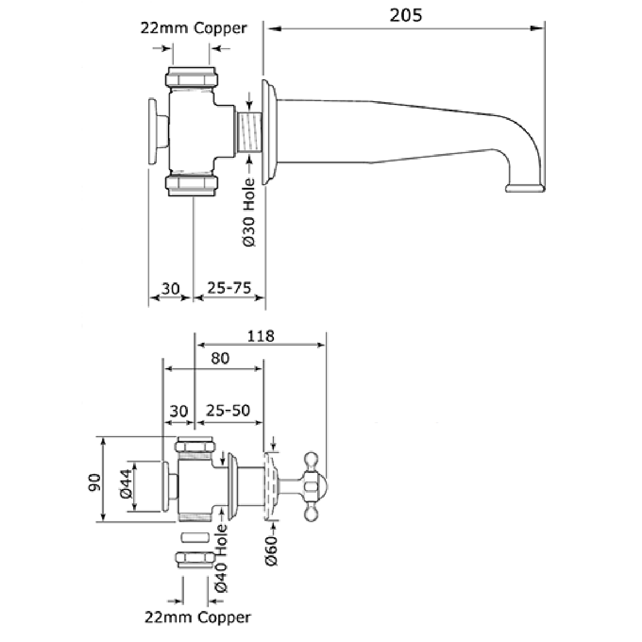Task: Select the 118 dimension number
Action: (261, 336)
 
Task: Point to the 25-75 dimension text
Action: (229, 288)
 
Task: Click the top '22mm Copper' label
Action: (194, 28)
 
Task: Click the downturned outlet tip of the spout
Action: (525, 187)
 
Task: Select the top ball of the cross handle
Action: (311, 458)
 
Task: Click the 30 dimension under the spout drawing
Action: (170, 288)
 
